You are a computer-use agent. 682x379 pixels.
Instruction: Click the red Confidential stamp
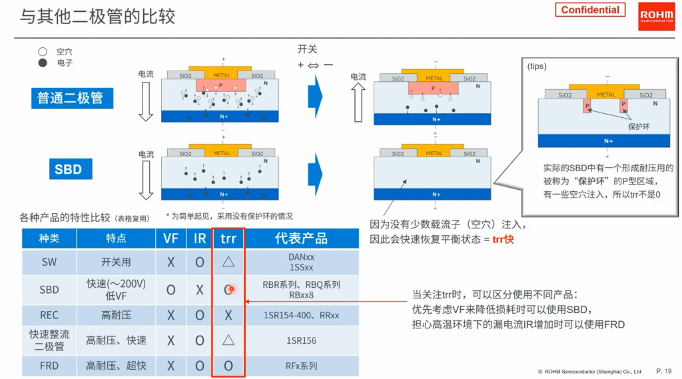point(590,9)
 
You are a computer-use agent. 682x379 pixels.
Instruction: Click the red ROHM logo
point(656,17)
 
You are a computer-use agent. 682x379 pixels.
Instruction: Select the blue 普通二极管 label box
point(72,98)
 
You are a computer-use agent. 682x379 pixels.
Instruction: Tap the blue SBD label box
point(71,169)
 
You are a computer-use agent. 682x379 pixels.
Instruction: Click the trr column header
point(228,238)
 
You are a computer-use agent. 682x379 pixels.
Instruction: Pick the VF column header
point(170,238)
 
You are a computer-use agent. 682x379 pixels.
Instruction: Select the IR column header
point(200,238)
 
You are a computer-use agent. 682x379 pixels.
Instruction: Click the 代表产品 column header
point(302,238)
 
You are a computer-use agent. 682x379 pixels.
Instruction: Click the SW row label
point(49,262)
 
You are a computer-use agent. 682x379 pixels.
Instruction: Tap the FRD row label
point(49,366)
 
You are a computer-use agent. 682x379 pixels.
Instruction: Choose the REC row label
point(49,315)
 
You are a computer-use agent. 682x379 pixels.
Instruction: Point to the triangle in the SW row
point(228,262)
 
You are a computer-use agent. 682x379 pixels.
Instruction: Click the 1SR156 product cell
point(302,341)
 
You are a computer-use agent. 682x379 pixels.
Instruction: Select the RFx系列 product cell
point(302,366)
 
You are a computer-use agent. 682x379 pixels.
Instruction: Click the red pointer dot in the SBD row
point(231,289)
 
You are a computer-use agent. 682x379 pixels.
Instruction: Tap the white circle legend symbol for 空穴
point(43,52)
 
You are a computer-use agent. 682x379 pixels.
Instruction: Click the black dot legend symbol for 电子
point(43,63)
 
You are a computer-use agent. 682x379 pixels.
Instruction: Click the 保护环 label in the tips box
point(639,127)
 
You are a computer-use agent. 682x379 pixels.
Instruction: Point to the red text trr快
point(503,239)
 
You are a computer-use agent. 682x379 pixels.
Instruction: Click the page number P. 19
point(664,371)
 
